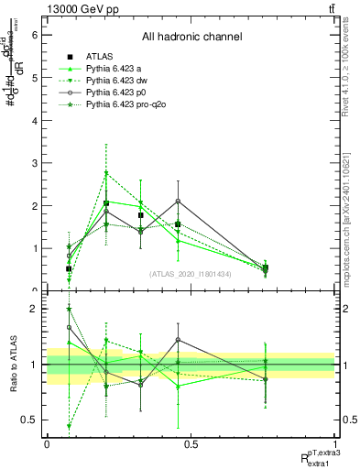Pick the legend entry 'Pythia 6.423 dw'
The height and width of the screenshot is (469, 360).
[121, 81]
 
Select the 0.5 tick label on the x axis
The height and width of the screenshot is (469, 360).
[191, 443]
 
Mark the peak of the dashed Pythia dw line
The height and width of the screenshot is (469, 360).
[106, 172]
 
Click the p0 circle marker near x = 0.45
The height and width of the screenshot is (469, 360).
[178, 201]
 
